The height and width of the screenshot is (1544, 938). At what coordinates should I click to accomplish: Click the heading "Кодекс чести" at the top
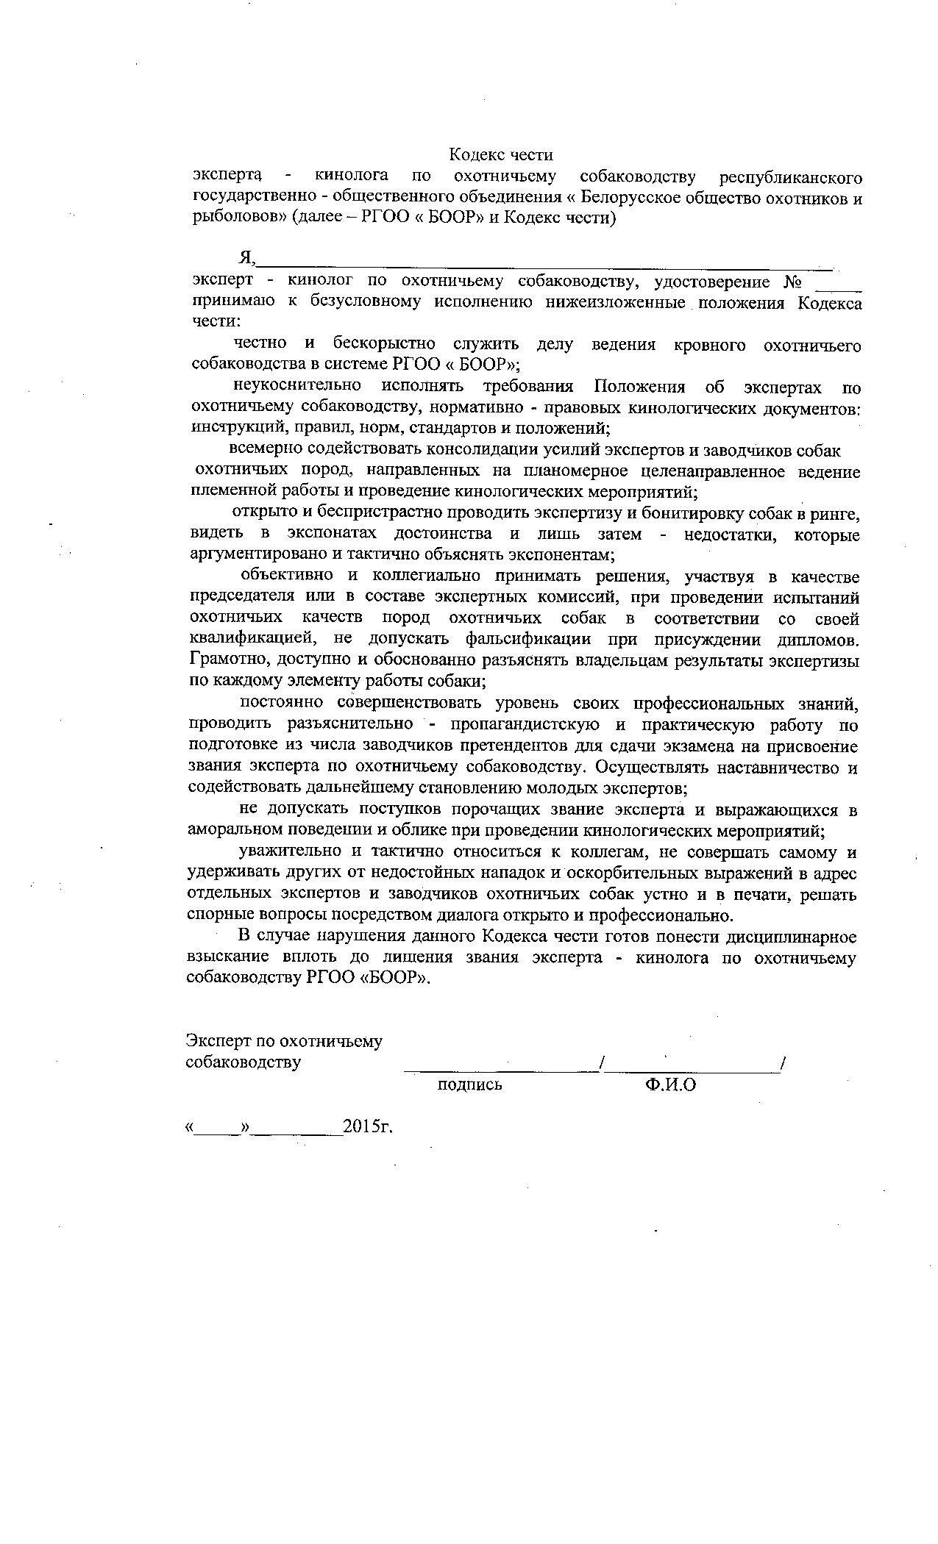point(500,155)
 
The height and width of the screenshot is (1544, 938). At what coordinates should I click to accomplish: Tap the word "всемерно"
point(264,450)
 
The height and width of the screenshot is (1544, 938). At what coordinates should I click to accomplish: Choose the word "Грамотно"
point(222,660)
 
